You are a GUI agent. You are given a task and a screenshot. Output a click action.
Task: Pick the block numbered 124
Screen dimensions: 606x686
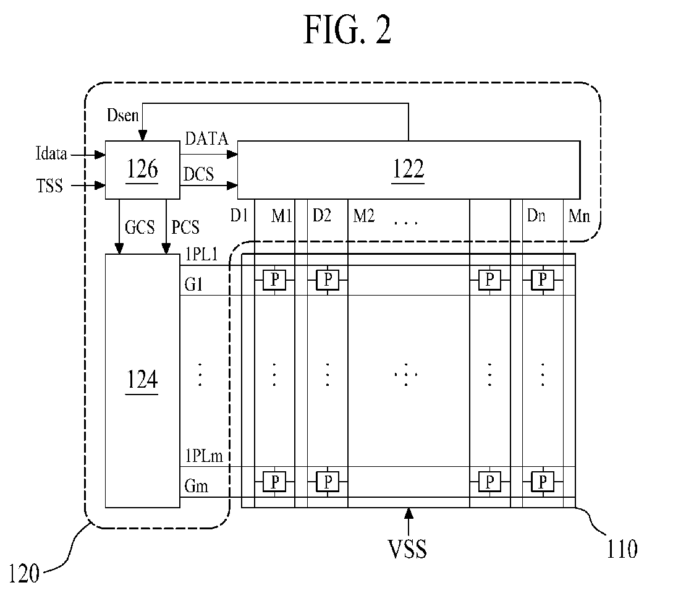(142, 380)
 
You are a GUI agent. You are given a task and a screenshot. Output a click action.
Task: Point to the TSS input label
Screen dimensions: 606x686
(50, 186)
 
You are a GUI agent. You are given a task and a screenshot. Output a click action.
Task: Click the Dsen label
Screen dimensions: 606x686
(123, 115)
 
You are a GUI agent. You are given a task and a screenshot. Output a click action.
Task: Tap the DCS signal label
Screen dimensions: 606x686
(199, 174)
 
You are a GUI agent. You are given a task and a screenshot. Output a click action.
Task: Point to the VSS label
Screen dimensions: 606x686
(409, 548)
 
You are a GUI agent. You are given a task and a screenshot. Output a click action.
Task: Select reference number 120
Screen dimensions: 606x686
(25, 573)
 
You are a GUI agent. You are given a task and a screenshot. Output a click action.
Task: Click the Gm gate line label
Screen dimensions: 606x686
(197, 487)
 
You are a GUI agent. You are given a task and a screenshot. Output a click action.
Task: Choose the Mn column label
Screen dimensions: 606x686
(579, 216)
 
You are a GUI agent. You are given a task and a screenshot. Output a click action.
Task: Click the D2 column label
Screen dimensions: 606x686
(321, 216)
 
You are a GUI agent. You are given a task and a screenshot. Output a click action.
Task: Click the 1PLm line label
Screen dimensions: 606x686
(204, 456)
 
